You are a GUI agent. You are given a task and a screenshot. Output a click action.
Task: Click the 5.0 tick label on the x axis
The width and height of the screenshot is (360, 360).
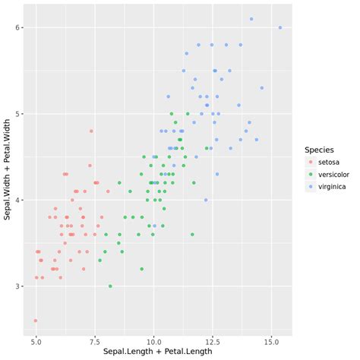[36, 342]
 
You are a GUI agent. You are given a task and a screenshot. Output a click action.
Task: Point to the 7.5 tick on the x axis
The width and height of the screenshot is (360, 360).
[95, 342]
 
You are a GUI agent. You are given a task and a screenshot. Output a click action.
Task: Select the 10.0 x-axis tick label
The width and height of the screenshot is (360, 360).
[154, 342]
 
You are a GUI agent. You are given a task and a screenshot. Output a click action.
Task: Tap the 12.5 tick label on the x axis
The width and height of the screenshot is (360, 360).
[213, 342]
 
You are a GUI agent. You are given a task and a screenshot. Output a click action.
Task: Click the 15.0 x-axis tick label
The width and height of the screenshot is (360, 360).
[273, 342]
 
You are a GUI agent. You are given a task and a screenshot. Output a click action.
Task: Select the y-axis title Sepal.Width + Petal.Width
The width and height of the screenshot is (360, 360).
[7, 172]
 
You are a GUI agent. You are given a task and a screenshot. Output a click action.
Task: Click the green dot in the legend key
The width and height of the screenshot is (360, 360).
[310, 175]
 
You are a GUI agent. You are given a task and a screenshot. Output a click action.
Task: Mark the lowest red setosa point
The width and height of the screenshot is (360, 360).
[36, 321]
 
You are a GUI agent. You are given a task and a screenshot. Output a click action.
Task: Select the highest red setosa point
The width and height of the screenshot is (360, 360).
[91, 131]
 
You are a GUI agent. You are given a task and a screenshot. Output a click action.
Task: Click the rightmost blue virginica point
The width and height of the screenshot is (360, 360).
[280, 28]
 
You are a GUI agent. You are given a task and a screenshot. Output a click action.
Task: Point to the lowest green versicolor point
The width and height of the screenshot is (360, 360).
[110, 286]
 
